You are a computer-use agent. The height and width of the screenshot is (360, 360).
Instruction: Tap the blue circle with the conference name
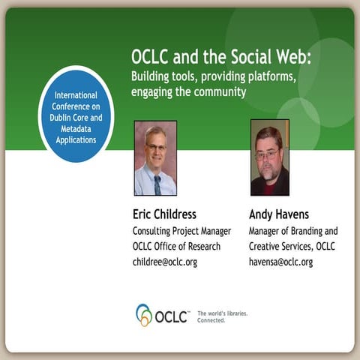coord(75,115)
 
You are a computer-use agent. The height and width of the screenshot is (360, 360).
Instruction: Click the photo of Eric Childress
coord(155,157)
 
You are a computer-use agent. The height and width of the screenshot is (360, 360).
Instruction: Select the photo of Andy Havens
coord(269,157)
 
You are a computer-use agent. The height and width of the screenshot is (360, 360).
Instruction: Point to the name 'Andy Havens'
coord(278,214)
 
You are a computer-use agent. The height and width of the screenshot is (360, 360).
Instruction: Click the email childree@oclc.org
coord(165,262)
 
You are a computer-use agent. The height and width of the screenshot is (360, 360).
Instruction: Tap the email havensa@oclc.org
coord(280,262)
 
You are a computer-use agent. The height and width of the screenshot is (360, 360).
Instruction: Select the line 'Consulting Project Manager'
coord(181,230)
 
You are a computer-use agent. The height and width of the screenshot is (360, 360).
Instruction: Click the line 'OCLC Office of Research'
coord(175,246)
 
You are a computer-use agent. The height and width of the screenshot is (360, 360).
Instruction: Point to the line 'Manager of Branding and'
coord(293,230)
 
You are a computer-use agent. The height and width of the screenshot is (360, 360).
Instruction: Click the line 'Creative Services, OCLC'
coord(292,246)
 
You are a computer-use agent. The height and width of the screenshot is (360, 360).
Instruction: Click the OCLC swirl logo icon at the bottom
coord(144,314)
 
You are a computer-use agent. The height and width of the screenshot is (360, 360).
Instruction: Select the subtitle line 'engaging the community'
coord(188,92)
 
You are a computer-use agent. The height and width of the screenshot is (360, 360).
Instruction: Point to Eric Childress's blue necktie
coord(157,183)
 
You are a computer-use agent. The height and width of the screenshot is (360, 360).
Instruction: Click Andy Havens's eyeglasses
coord(268,154)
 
